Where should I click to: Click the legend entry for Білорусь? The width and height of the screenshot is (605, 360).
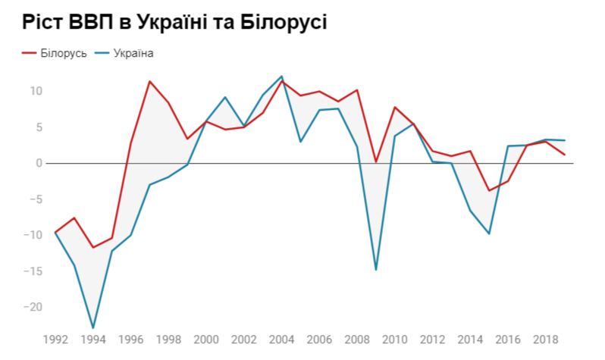(54, 53)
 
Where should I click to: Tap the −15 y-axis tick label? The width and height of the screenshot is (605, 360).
(33, 271)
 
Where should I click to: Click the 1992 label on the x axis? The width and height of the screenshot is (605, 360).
(55, 339)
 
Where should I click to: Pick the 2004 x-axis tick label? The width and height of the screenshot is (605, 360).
(282, 339)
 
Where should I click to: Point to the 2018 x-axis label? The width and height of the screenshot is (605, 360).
(545, 339)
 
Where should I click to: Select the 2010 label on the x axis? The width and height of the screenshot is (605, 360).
(395, 339)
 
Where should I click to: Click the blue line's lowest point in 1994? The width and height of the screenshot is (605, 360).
(93, 328)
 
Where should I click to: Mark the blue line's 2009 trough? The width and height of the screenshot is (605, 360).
(376, 270)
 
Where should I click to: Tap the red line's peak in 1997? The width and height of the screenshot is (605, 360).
(149, 81)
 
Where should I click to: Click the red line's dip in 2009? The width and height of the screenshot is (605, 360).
(376, 161)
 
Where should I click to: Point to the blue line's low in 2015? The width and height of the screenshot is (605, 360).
(489, 233)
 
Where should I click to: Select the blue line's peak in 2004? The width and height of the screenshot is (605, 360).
(282, 77)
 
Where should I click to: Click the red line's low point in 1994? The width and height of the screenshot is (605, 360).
(93, 248)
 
